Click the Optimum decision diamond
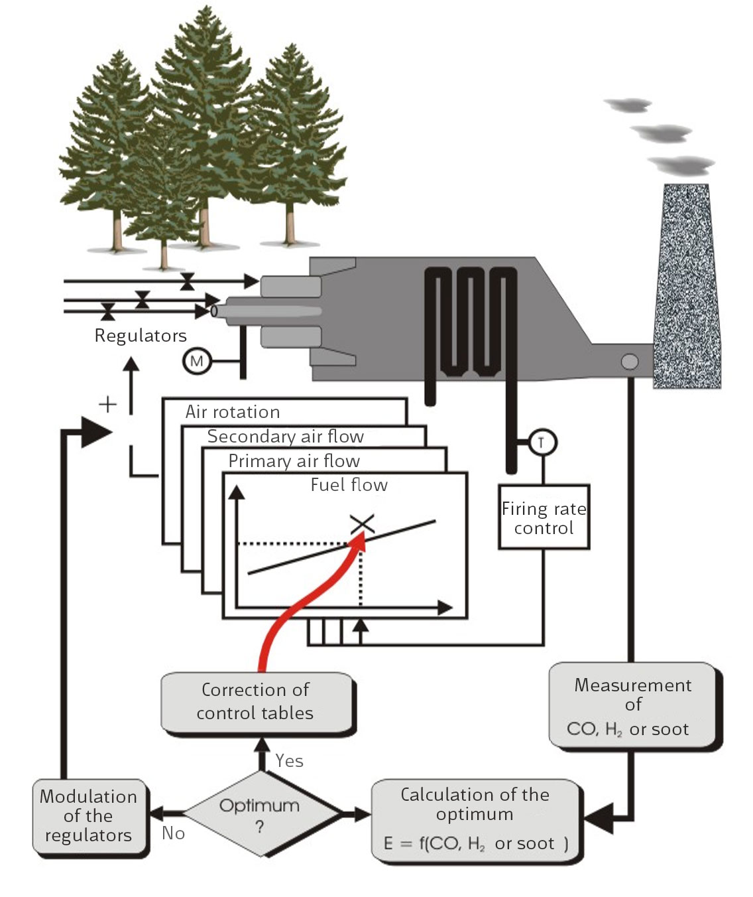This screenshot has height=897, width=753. (261, 813)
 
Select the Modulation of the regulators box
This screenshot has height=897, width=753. (89, 816)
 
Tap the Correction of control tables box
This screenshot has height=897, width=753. (256, 702)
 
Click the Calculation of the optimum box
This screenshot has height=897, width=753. (476, 820)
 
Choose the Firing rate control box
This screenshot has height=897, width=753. (544, 517)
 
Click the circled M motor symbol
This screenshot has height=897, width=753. (197, 362)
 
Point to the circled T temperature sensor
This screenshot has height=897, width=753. (542, 443)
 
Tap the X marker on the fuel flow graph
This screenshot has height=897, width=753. (363, 524)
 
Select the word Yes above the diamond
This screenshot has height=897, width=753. (290, 761)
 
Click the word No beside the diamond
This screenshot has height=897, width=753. (173, 833)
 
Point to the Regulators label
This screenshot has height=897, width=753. (141, 336)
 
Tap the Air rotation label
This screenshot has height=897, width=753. (233, 412)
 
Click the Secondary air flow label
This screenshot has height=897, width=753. (286, 437)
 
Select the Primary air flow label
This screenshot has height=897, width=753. (294, 461)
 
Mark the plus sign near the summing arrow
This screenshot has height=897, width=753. (107, 404)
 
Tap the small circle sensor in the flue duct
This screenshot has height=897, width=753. (629, 362)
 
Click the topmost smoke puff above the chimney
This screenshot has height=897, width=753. (628, 105)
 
